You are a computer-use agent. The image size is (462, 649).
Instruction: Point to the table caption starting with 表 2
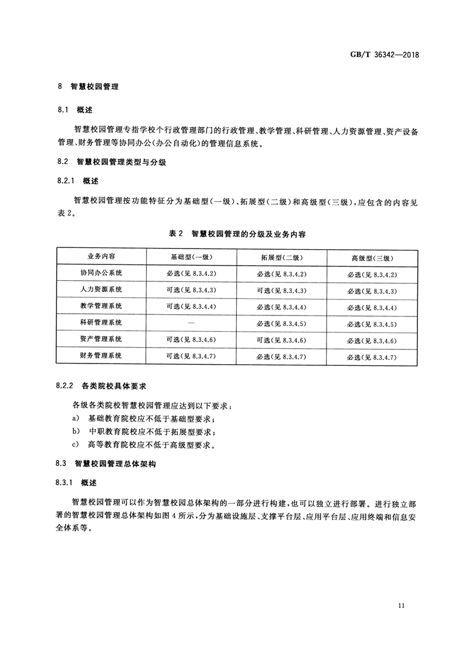click(237, 233)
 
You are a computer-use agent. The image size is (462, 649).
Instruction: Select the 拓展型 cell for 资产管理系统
click(281, 339)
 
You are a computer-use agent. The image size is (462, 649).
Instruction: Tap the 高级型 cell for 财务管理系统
click(372, 356)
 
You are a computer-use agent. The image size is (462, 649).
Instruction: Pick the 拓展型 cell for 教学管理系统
click(281, 307)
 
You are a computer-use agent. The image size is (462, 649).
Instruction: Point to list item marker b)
click(76, 431)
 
